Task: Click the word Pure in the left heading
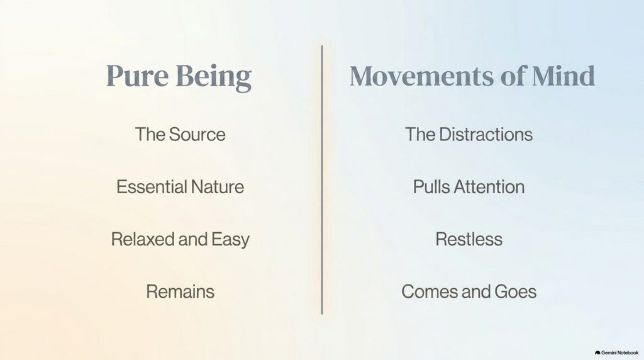tap(137, 76)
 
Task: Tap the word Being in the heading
tap(214, 77)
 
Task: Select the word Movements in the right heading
tap(422, 76)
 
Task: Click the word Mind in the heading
tap(563, 76)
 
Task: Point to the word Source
tap(197, 135)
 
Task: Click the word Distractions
tap(486, 135)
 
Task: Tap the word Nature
tap(217, 187)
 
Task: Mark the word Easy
tap(230, 240)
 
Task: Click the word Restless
tap(469, 239)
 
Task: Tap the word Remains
tap(180, 292)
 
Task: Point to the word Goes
tap(516, 292)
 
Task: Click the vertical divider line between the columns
tap(322, 180)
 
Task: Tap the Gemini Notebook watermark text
tap(619, 352)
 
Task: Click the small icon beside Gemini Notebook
tap(597, 352)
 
